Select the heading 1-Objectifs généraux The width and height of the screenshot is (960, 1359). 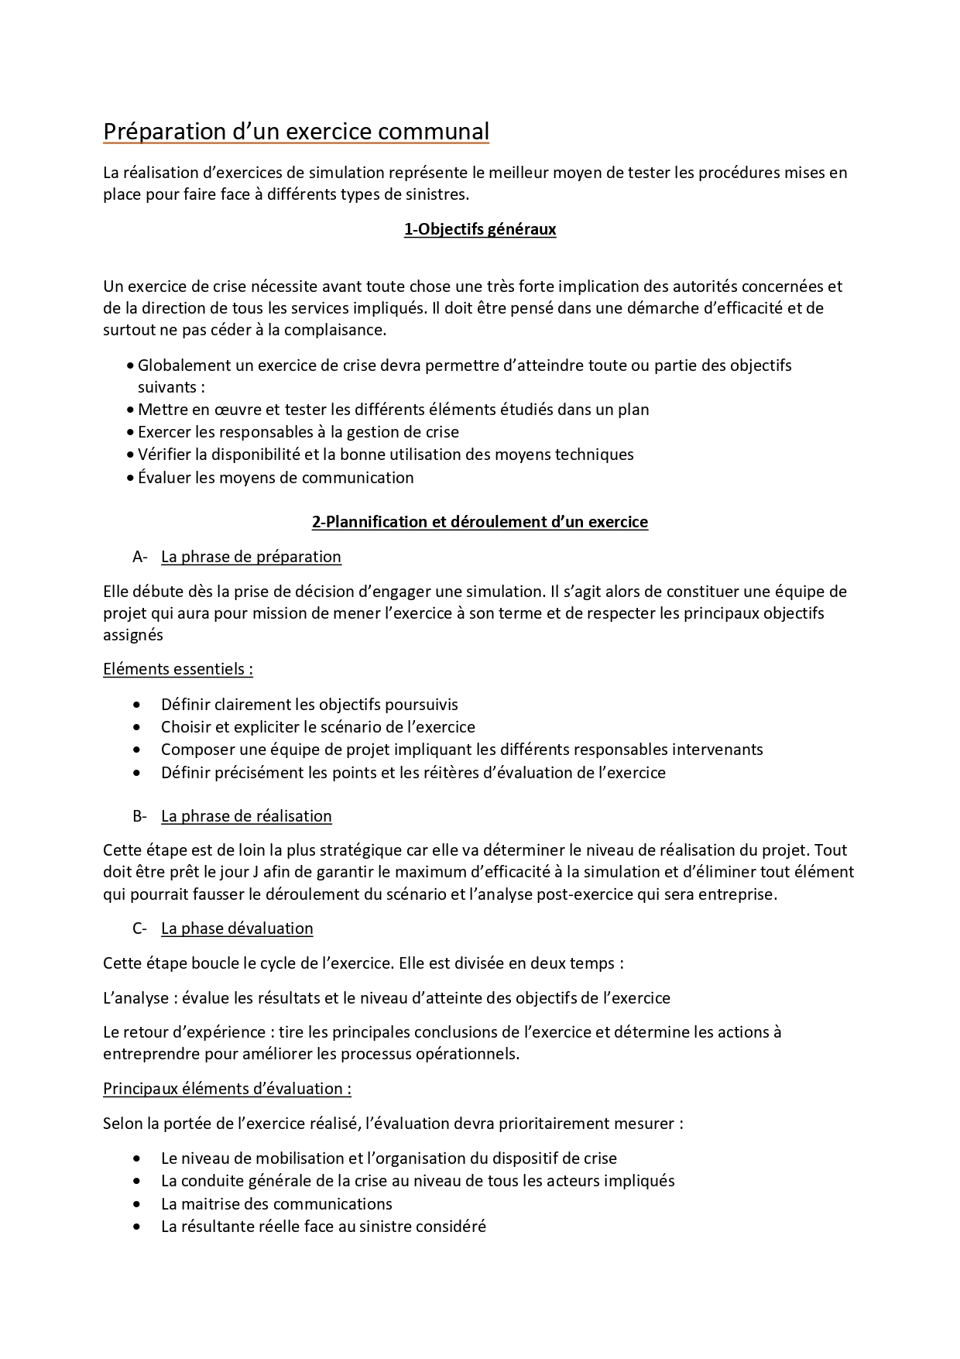tap(480, 229)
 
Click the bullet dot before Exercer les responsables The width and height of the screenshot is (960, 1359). tap(130, 433)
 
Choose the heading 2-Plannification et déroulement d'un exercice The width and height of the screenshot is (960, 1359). tap(480, 522)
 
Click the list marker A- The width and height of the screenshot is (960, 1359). tap(140, 557)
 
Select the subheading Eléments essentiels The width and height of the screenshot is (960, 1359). tap(177, 669)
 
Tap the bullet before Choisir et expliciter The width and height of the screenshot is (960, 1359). tap(137, 728)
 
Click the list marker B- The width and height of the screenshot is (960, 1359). tap(140, 816)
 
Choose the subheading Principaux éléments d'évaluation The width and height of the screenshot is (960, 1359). tap(227, 1089)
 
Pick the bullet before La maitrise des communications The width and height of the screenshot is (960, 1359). tap(137, 1204)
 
